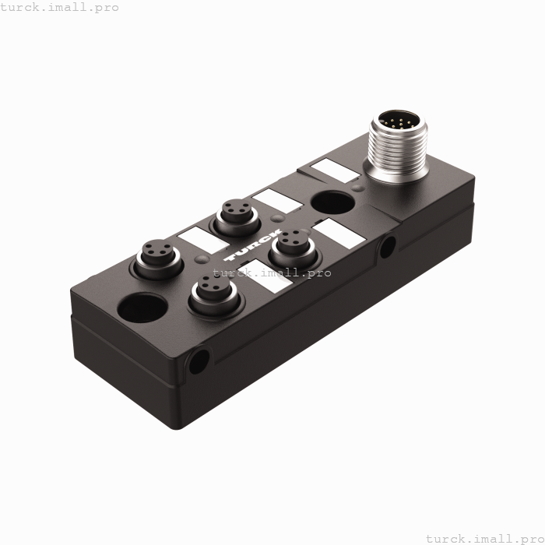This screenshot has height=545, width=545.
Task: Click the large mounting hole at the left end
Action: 142,307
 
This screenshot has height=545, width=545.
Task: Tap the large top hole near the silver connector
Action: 333,202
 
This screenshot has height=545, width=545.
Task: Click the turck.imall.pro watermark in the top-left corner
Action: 60,7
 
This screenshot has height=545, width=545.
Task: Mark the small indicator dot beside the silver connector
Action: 357,187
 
